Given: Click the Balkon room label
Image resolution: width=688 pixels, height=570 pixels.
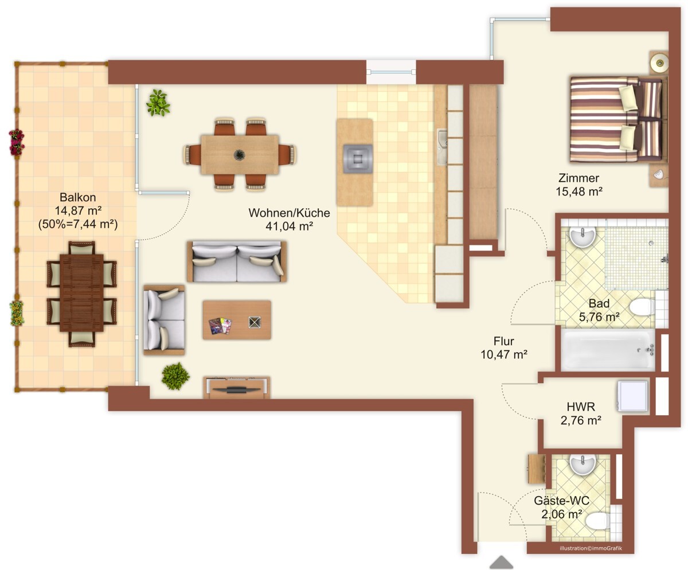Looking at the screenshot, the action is coord(78,197).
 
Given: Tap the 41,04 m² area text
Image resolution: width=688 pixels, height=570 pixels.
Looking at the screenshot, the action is coord(289,226).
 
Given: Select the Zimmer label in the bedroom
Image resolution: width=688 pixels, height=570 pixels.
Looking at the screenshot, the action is coord(578,178).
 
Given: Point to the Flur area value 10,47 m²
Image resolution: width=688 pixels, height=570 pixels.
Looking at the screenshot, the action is coord(504,354).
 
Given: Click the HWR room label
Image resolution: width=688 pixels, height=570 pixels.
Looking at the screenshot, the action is coord(581,407).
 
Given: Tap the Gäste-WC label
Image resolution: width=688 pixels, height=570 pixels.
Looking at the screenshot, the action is coord(561,501).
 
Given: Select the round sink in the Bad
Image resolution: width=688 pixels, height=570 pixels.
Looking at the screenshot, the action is coord(583,236).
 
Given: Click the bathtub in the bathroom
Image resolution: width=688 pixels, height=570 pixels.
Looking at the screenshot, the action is coord(608,350).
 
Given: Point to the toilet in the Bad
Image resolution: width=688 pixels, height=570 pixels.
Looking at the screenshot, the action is coord(642,307).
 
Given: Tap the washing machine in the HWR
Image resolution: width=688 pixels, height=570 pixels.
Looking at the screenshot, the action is coord(632,396).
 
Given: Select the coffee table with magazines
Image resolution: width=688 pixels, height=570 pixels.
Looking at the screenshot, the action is coord(237,320).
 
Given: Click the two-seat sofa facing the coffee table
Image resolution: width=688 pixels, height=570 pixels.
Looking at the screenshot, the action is coord(237,261).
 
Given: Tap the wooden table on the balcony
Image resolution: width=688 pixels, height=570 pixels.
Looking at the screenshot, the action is coord(82,293).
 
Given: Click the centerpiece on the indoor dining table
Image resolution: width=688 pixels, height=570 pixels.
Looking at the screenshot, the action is coord(239,155).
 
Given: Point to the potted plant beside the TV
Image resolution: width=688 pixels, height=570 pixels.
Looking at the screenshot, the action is coord(175,376).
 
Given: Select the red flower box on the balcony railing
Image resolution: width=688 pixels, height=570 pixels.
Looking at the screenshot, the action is coord(17,142).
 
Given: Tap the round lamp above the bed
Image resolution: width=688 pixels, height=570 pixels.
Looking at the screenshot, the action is coord(659,63).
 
